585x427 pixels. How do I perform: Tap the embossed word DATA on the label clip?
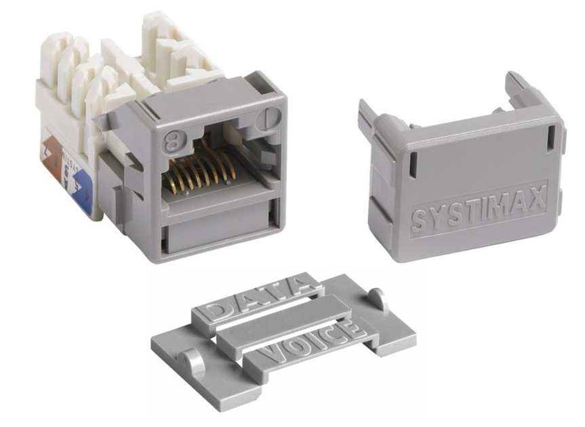coord(254,298)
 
